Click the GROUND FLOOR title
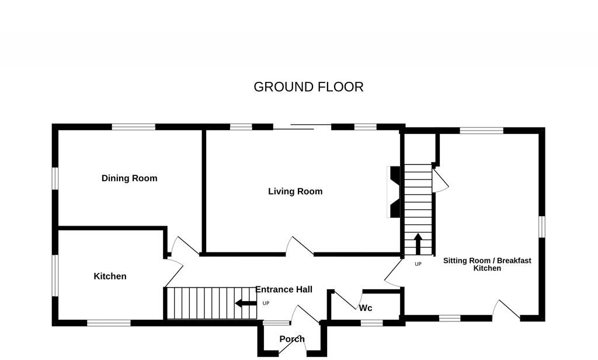coord(308,87)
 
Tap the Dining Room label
coord(129,178)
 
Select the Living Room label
coord(295,191)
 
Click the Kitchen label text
coord(110,276)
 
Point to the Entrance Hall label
coord(284,289)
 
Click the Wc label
coord(366,308)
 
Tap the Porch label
coord(291,339)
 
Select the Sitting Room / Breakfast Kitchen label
coord(487,264)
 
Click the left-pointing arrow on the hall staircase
coord(245,303)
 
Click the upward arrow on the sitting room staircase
coord(418,244)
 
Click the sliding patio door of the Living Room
coord(302,126)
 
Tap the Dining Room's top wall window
coord(134,126)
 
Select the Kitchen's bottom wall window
coord(109,323)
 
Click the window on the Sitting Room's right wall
coord(541,227)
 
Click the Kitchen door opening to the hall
coord(173,272)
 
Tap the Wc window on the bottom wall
coord(371,322)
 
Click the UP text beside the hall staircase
coord(266,303)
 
